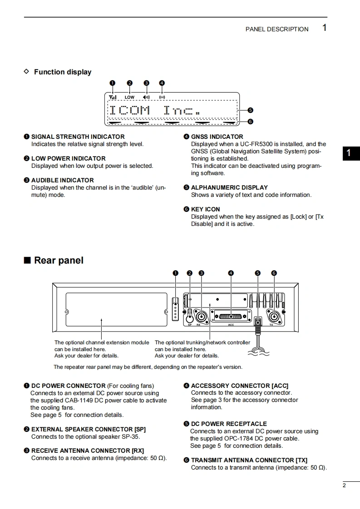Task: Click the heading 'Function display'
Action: pyautogui.click(x=63, y=72)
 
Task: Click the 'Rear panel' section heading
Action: pyautogui.click(x=59, y=260)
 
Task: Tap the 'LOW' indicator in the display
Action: pyautogui.click(x=130, y=97)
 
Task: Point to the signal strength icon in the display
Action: pyautogui.click(x=113, y=97)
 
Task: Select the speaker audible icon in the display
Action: pyautogui.click(x=146, y=97)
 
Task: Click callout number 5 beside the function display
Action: pyautogui.click(x=250, y=110)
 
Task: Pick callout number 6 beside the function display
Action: pyautogui.click(x=250, y=121)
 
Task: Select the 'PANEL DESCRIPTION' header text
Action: pyautogui.click(x=277, y=29)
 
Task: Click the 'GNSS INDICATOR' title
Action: pyautogui.click(x=217, y=137)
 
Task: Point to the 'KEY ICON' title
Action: pyautogui.click(x=205, y=209)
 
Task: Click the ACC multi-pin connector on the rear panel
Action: pyautogui.click(x=231, y=316)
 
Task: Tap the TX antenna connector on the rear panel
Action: pyautogui.click(x=274, y=316)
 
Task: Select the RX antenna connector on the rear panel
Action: pyautogui.click(x=201, y=316)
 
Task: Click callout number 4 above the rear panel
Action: pyautogui.click(x=231, y=273)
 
